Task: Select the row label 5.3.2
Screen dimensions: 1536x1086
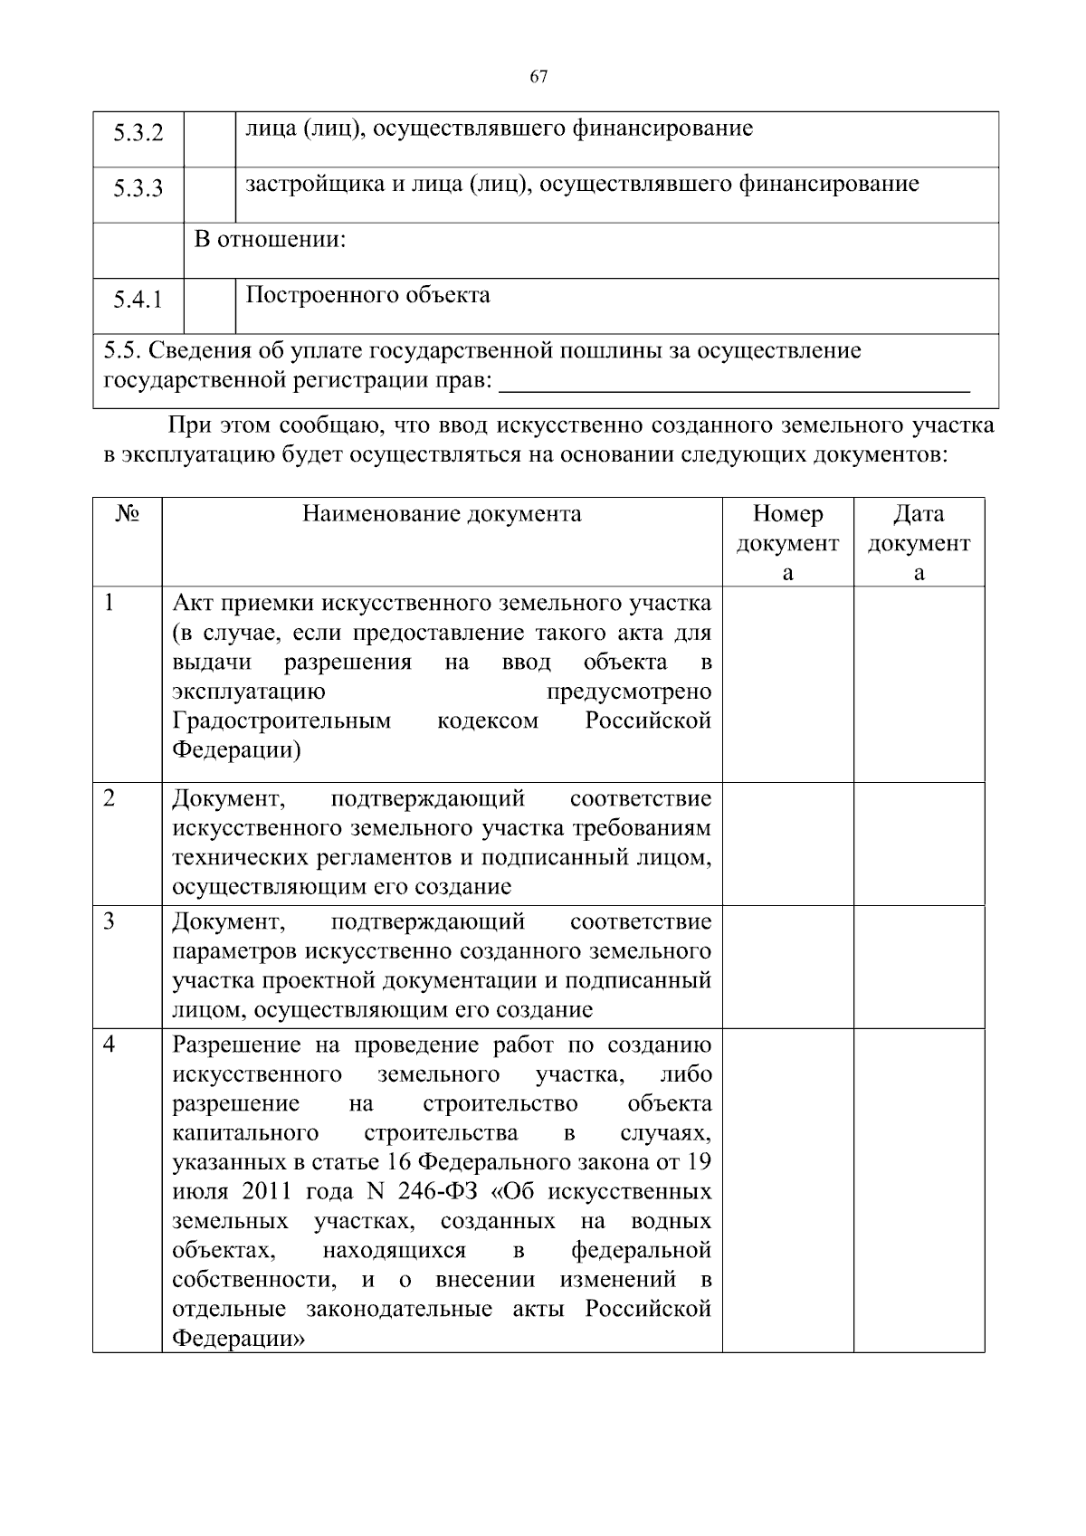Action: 138,133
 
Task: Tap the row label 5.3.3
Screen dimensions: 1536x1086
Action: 138,188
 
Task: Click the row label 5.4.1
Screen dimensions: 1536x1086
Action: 138,300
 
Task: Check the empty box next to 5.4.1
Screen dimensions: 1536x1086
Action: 209,306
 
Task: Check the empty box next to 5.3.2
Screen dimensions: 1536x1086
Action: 209,139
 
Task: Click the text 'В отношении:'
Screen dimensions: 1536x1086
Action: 271,241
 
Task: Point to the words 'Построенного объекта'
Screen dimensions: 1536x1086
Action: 368,295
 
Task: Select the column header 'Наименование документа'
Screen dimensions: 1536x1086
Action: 442,514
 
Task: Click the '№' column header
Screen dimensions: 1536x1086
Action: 127,513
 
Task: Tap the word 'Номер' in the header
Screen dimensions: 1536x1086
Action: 787,514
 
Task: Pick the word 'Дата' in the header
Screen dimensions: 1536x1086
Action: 919,514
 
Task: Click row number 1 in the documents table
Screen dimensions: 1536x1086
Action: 110,602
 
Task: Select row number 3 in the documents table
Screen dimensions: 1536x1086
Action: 110,921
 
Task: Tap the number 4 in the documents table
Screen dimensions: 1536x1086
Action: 110,1044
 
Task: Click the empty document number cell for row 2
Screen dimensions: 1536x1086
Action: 787,844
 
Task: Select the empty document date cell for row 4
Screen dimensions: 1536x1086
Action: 919,1190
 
